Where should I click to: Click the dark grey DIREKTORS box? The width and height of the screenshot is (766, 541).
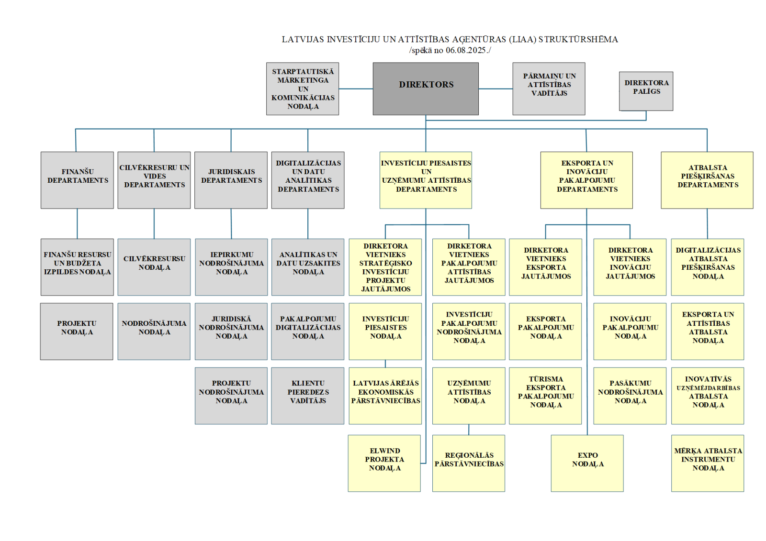[x=426, y=88]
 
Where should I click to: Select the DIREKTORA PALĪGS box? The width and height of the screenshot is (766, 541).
[x=646, y=91]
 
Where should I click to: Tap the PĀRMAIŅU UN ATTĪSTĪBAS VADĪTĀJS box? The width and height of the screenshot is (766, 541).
[x=549, y=88]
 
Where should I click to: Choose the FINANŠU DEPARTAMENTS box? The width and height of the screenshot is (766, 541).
[x=77, y=180]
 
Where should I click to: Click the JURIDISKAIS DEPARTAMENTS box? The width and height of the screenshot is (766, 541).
[x=231, y=180]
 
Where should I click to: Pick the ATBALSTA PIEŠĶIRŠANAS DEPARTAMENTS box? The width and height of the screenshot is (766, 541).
[x=707, y=180]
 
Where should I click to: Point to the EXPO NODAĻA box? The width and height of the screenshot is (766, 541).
[x=587, y=463]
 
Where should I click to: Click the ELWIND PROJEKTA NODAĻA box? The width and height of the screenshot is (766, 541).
[x=384, y=463]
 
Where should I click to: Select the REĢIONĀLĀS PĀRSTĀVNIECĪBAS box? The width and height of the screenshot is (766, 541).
[x=468, y=463]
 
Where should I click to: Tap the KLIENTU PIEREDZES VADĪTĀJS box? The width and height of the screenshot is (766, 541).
[x=307, y=396]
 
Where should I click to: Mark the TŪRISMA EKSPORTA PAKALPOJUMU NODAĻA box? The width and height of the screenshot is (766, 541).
[x=545, y=396]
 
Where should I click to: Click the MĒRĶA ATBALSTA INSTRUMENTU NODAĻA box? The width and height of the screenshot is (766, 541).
[x=708, y=463]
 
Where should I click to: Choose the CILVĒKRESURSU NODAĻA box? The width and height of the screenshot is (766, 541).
[x=154, y=267]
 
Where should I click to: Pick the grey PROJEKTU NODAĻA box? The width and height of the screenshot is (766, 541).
[x=77, y=331]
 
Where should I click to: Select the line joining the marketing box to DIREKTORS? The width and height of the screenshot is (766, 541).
[x=356, y=88]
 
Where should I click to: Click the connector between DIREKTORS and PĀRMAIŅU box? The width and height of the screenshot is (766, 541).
[x=496, y=88]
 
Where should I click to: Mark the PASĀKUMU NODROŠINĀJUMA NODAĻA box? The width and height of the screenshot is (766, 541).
[x=630, y=396]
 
